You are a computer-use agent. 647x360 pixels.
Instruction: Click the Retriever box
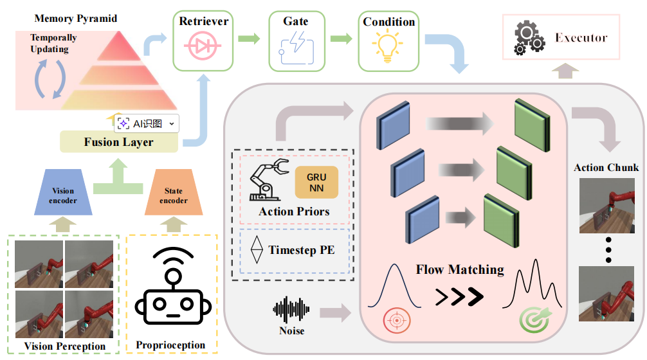click(203, 41)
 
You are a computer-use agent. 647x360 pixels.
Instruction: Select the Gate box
click(296, 41)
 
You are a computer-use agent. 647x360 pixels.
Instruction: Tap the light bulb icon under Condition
click(387, 48)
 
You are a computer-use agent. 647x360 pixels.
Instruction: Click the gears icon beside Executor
click(529, 38)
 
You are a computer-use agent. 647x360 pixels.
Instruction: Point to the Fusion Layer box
click(119, 142)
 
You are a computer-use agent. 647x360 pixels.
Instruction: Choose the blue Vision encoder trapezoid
click(63, 192)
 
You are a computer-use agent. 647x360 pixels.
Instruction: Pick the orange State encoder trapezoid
click(173, 192)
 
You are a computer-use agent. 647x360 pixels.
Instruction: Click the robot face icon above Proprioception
click(173, 286)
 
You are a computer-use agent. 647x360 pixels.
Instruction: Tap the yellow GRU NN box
click(316, 183)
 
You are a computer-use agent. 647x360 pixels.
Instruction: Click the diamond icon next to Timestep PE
click(257, 249)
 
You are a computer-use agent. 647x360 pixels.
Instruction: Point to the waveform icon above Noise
click(291, 309)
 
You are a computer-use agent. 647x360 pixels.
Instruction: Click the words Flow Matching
click(460, 270)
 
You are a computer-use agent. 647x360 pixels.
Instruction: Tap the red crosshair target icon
click(397, 320)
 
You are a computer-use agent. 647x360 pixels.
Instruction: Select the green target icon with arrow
click(534, 319)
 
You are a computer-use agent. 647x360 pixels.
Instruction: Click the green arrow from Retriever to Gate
click(250, 39)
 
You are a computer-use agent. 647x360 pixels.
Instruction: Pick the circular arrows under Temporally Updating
click(50, 79)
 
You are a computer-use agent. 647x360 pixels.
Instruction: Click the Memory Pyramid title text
click(76, 19)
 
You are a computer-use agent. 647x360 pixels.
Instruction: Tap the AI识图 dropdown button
click(147, 123)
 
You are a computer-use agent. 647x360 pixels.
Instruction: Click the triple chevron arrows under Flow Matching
click(459, 296)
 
